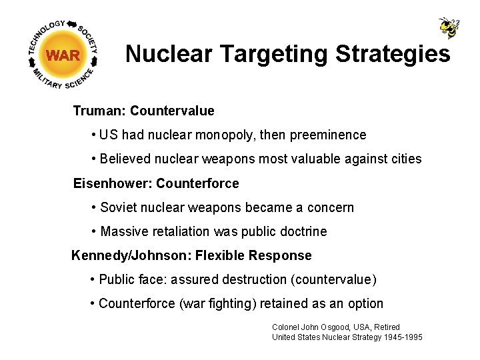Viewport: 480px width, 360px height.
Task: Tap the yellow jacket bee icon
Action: tap(449, 27)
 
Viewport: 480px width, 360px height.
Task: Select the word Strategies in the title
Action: tap(389, 54)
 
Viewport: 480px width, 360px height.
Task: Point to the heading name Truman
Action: tap(99, 111)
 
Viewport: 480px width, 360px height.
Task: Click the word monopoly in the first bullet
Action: tap(225, 135)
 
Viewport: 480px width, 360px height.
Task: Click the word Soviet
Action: tap(117, 207)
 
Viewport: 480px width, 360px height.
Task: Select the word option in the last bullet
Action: tap(365, 304)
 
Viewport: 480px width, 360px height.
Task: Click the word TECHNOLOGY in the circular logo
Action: tap(46, 34)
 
